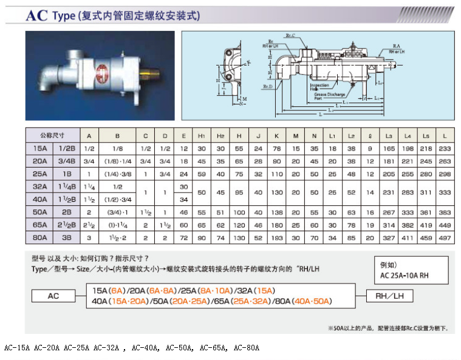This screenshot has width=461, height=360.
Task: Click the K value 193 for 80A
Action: coord(276,238)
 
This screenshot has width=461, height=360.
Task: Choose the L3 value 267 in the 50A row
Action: coord(388,212)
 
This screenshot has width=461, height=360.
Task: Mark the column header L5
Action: coord(426,136)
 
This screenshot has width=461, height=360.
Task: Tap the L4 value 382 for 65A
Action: coord(408,225)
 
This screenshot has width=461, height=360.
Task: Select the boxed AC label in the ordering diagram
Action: coord(53,296)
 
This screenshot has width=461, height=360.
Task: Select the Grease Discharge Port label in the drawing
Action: coord(329,97)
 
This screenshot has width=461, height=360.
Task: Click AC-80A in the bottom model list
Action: coord(246,348)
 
